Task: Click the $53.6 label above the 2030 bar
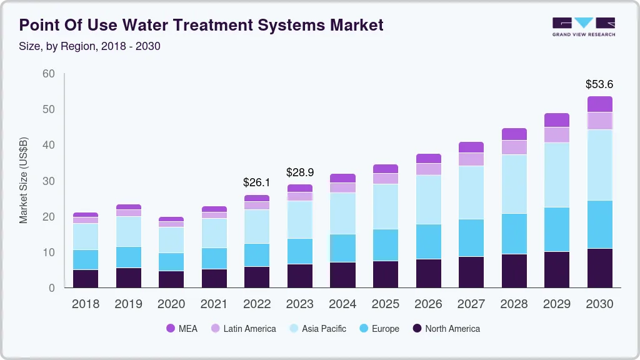tap(599, 84)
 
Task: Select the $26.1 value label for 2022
tap(257, 182)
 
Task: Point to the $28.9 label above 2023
tap(300, 172)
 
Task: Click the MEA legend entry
tap(181, 329)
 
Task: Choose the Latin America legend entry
tap(242, 329)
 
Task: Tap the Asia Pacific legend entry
tap(316, 329)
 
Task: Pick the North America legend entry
tap(445, 329)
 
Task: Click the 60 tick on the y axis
tap(48, 74)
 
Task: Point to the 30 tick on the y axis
tap(48, 181)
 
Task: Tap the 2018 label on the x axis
tap(85, 304)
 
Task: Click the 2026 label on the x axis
tap(428, 304)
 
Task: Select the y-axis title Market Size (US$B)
tap(24, 181)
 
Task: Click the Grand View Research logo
tap(583, 26)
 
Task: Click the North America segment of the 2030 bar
tap(599, 268)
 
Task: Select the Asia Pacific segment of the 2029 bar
tap(557, 175)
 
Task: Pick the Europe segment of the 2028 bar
tap(514, 234)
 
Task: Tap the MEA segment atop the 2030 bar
tap(599, 104)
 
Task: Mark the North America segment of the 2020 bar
tap(171, 279)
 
